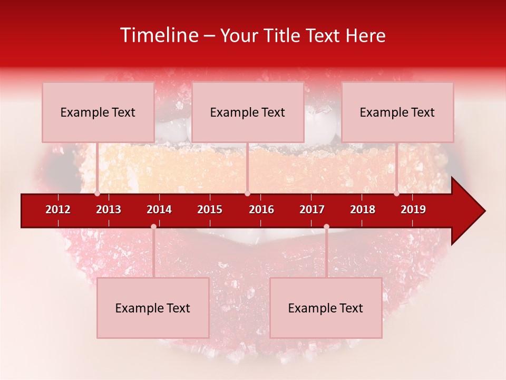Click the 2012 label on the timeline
tap(58, 210)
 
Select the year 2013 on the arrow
tap(109, 210)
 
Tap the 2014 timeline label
tap(159, 210)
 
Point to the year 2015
tap(210, 210)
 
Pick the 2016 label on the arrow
tap(261, 210)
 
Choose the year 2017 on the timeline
tap(312, 210)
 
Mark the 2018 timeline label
tap(363, 210)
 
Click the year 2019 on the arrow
tap(413, 210)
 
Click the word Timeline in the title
tap(158, 35)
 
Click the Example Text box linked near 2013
tap(98, 112)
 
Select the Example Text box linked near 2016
tap(248, 112)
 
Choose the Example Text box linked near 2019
tap(397, 112)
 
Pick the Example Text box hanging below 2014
tap(153, 308)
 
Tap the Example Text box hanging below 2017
tap(326, 308)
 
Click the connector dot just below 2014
tap(153, 227)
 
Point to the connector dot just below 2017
tap(326, 227)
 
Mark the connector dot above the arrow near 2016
tap(247, 193)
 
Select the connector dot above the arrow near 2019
tap(396, 193)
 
